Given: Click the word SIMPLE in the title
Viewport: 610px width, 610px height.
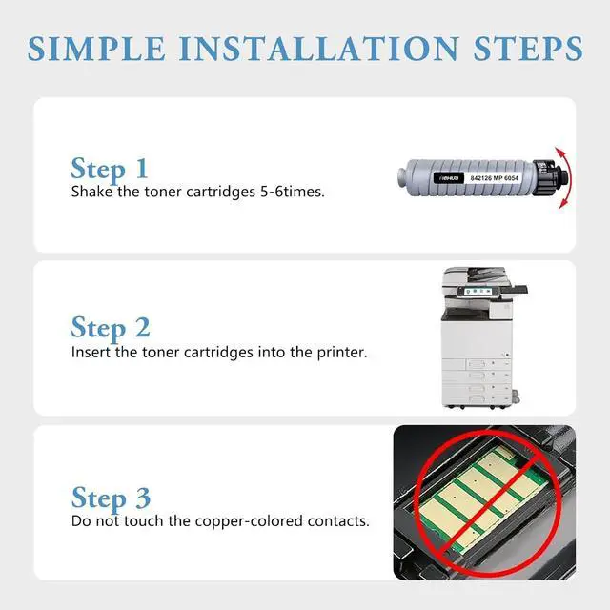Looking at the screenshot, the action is tap(96, 49).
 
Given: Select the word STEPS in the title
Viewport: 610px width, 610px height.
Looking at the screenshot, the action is tap(528, 49).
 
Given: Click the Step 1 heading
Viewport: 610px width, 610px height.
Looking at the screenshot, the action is tap(110, 169).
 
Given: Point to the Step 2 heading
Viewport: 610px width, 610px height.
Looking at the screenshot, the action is tap(111, 328).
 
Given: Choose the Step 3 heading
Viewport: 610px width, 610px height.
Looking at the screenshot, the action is tap(111, 498).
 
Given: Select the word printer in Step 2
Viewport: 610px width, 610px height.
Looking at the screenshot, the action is tap(342, 353).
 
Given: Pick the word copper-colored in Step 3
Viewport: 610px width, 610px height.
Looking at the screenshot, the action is tap(249, 521).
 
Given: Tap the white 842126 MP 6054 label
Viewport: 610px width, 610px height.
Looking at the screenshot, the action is tap(494, 178).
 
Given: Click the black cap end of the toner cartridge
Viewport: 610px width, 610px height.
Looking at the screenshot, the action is tap(550, 177).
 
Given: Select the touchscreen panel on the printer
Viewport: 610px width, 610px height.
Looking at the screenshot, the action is tap(479, 292).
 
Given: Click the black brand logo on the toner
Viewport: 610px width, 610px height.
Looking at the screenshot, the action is tap(449, 178).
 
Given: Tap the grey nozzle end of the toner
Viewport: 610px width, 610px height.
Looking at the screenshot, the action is tap(402, 178).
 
